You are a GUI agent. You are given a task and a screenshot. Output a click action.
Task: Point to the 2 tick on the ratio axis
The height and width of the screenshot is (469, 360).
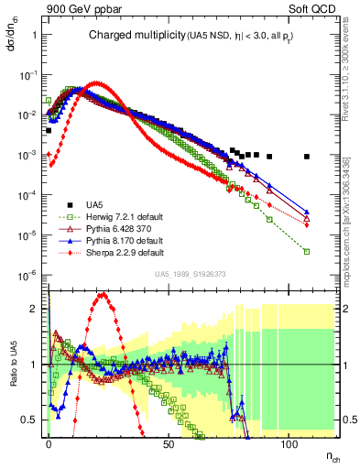[x=36, y=309]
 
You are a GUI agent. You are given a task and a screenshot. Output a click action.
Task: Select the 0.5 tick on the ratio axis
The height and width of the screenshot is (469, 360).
[x=33, y=420]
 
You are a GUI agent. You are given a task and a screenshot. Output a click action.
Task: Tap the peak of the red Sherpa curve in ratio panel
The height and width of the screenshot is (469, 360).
[x=103, y=294]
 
